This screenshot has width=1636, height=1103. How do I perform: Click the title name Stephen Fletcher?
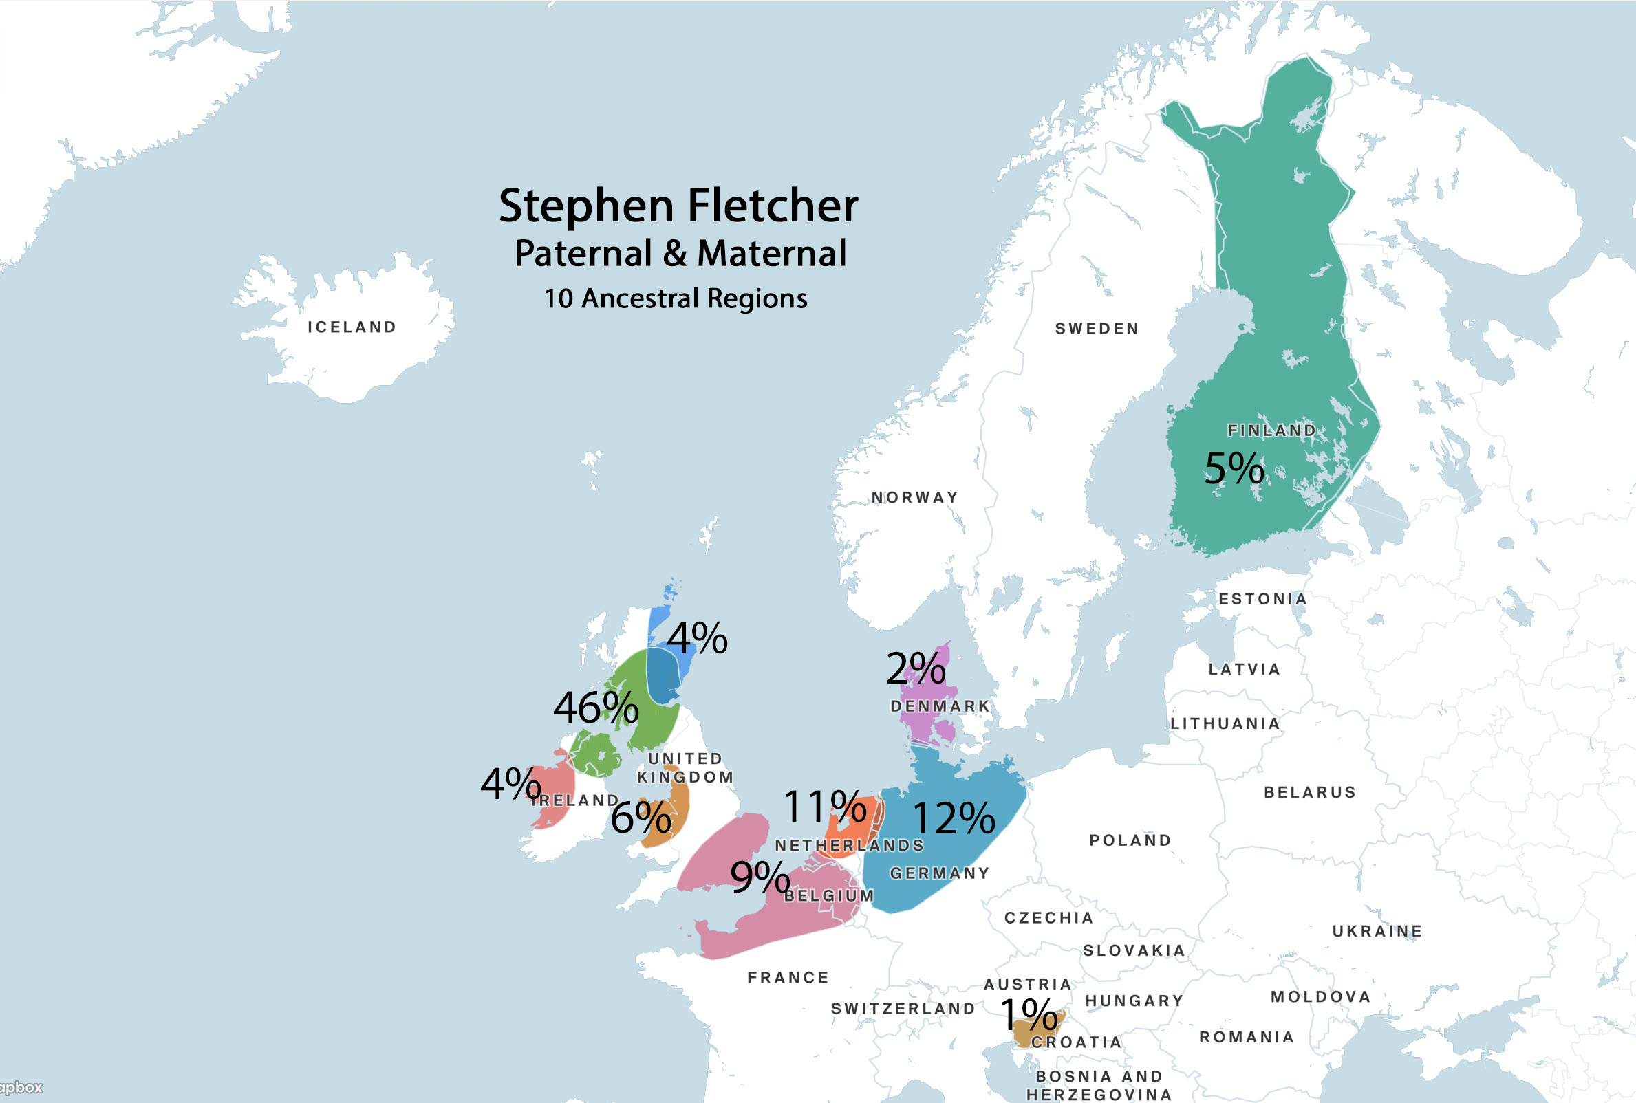click(x=678, y=206)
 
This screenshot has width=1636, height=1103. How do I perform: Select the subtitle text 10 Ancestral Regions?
click(x=676, y=298)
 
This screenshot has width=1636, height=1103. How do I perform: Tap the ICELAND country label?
click(x=352, y=327)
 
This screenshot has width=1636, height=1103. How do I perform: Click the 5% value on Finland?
click(x=1234, y=468)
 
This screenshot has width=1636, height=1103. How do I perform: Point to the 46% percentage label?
click(x=595, y=708)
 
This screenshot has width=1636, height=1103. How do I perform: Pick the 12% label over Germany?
click(x=953, y=819)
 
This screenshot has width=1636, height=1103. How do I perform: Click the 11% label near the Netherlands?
click(x=824, y=806)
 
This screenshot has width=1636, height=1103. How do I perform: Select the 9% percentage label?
click(x=760, y=877)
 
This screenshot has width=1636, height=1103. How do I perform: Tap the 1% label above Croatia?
click(x=1029, y=1014)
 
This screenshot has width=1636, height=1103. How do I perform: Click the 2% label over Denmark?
click(x=915, y=668)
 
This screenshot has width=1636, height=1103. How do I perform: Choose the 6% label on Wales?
click(x=641, y=818)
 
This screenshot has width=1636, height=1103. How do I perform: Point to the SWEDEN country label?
click(x=1097, y=329)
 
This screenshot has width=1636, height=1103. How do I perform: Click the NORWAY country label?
click(x=915, y=497)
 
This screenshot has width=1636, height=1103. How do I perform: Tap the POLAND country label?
click(x=1130, y=840)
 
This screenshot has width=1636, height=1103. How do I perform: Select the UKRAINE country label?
click(x=1377, y=930)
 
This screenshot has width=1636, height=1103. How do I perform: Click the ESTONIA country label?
click(x=1262, y=599)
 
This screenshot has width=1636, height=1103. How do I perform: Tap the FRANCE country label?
click(x=788, y=977)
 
